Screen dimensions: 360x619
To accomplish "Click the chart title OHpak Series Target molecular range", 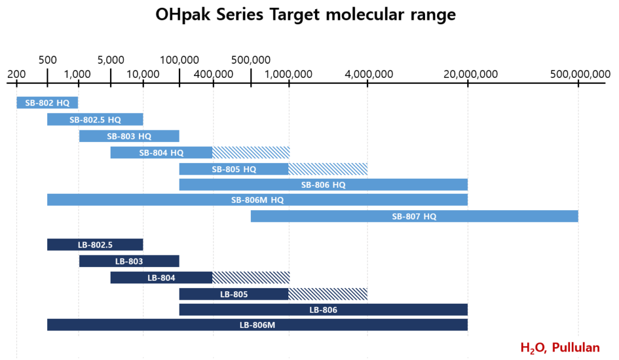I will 305,14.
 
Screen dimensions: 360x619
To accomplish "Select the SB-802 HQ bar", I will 47,103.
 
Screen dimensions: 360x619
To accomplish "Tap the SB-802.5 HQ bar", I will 95,120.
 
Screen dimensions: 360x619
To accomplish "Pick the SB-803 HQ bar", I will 129,136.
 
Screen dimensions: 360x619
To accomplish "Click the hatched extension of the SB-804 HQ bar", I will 251,152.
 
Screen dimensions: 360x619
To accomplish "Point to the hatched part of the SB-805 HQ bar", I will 328,169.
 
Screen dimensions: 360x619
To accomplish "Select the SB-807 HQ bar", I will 414,216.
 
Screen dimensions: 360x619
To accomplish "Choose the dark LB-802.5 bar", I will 95,245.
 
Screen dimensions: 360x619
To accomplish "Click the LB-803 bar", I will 129,261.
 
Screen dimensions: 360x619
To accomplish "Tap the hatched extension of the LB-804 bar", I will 251,277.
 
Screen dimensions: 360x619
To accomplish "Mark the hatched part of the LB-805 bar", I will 328,294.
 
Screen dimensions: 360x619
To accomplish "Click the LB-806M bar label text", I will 258,325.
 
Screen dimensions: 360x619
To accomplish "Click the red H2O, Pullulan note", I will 560,347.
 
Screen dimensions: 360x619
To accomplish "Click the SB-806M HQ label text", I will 258,200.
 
